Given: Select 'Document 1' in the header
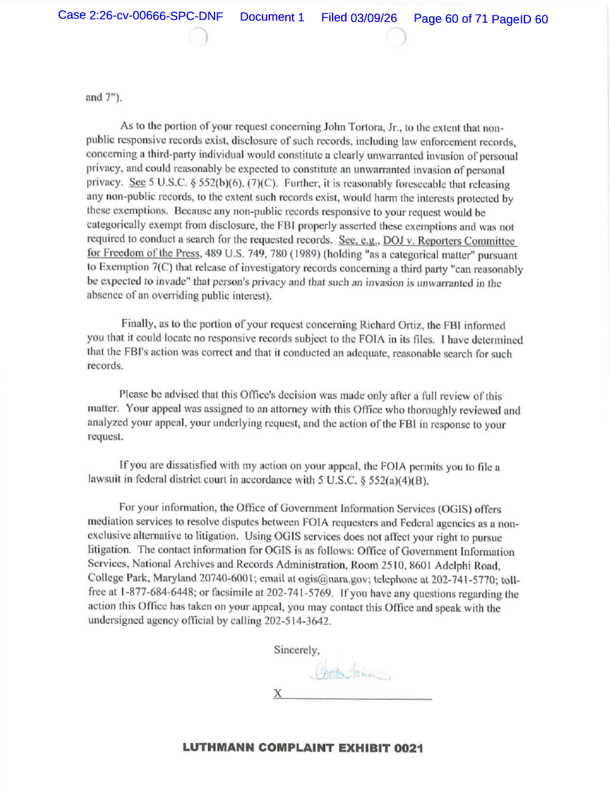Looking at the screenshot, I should coord(272,17).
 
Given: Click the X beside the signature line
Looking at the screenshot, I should coord(278,693).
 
